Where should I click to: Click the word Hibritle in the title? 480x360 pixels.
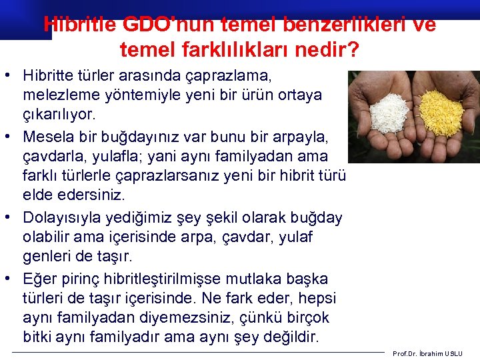(x=80, y=25)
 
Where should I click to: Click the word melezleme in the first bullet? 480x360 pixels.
(x=57, y=95)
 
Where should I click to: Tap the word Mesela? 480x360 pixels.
(x=48, y=137)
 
